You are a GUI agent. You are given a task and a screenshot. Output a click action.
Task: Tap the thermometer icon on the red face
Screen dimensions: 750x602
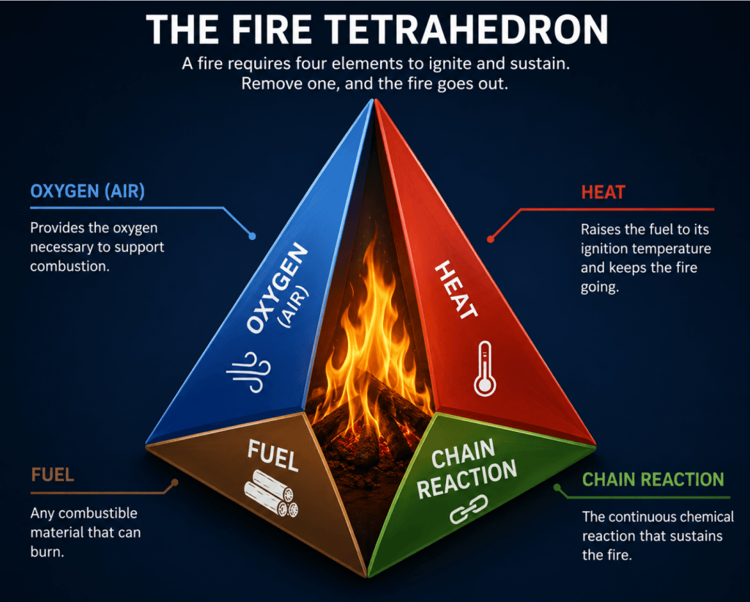[485, 369]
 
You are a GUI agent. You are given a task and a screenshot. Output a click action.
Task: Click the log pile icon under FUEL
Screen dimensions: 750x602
[271, 493]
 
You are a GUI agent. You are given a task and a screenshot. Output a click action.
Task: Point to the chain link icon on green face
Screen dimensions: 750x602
[469, 509]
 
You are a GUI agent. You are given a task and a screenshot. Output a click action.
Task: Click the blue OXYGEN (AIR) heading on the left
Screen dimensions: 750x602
[88, 191]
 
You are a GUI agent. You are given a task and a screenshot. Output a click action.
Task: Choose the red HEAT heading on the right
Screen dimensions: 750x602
[604, 193]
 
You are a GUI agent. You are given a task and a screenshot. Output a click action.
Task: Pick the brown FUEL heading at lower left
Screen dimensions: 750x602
[53, 475]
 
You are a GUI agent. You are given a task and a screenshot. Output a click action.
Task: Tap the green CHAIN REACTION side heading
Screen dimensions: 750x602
[653, 480]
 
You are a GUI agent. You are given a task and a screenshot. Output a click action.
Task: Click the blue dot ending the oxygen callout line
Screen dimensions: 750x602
[252, 236]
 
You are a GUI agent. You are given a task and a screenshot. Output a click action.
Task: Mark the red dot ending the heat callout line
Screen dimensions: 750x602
[490, 239]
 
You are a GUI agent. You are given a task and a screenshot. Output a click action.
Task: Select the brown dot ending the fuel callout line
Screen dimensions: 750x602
[175, 482]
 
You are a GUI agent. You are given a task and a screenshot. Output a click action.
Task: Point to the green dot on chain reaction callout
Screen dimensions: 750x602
[557, 488]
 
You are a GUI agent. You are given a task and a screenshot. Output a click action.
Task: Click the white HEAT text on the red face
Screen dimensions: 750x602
[456, 290]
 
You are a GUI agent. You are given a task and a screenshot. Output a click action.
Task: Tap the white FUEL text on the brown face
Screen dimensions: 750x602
[273, 455]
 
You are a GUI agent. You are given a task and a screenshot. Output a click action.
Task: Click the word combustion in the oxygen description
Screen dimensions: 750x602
[70, 266]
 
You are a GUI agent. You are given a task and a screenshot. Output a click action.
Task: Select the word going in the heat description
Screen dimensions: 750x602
[600, 287]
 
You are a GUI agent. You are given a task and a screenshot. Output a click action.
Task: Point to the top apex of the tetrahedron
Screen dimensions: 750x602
[374, 99]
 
